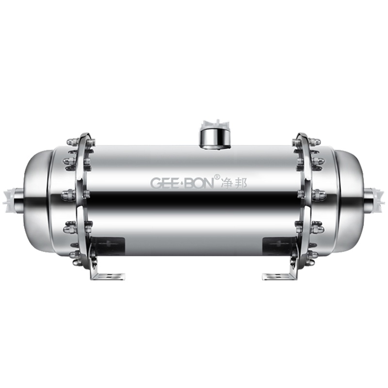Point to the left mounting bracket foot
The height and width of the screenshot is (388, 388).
coord(107,276)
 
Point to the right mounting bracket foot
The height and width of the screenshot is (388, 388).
coord(280,276)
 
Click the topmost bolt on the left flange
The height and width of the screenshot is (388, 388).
coord(73,142)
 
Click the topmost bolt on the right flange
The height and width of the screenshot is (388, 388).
coord(315,142)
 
